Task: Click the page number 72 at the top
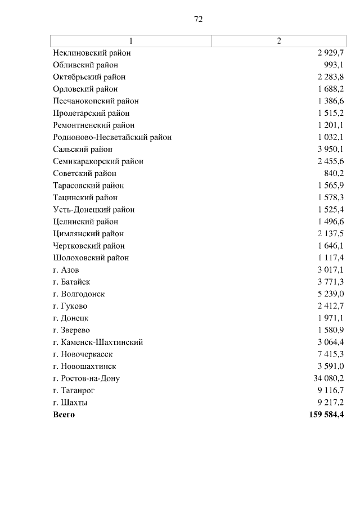click(x=198, y=19)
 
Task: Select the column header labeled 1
click(x=131, y=41)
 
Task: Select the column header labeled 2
click(x=278, y=41)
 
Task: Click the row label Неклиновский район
click(x=91, y=53)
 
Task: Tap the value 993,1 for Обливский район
click(x=334, y=65)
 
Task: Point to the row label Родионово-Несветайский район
click(x=112, y=137)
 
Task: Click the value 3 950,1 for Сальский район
click(x=331, y=149)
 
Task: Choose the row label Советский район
click(x=84, y=173)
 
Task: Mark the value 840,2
click(x=334, y=173)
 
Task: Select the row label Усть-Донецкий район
click(x=93, y=210)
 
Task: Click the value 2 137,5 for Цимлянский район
click(x=331, y=233)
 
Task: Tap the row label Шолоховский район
click(x=91, y=258)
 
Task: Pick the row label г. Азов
click(x=66, y=270)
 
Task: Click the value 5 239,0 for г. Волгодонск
click(x=331, y=294)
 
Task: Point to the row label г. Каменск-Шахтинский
click(x=98, y=342)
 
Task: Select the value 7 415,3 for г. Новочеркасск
click(x=331, y=354)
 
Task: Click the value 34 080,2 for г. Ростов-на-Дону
click(x=328, y=379)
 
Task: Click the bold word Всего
click(x=64, y=415)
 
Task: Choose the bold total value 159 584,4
click(x=325, y=415)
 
